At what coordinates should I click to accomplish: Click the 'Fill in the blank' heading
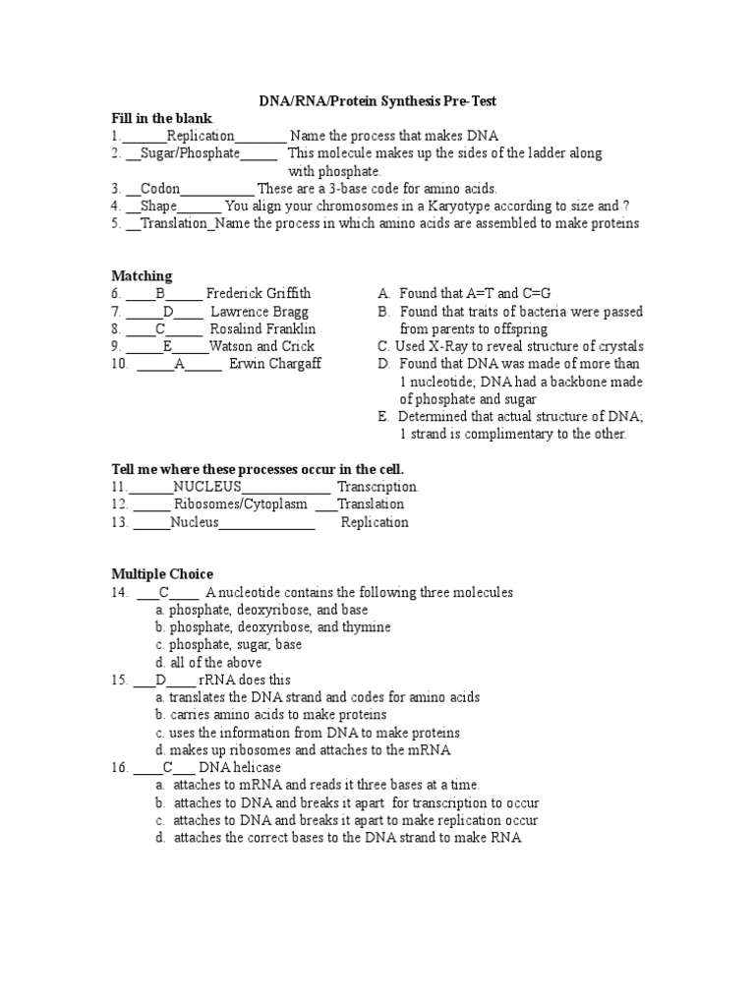point(160,118)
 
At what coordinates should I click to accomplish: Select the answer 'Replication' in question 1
point(201,136)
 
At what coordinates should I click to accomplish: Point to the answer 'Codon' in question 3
point(160,189)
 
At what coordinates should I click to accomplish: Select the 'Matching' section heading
point(142,276)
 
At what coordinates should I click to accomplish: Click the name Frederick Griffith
point(259,294)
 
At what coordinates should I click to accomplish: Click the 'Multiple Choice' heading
point(162,574)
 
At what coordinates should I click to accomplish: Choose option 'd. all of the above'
point(208,663)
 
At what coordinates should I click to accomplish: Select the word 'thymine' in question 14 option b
point(367,627)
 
